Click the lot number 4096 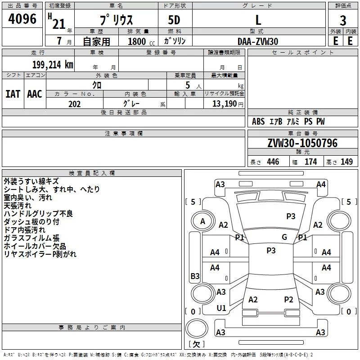coord(23,19)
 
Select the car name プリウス coord(116,21)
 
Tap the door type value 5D coord(174,21)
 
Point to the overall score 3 coord(343,21)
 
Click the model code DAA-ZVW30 coord(258,41)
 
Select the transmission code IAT coord(13,94)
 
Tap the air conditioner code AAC coord(35,94)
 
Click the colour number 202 coord(74,104)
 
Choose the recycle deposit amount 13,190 coord(225,104)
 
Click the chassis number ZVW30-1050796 coord(302,143)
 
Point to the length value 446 coord(273,162)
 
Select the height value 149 coord(346,162)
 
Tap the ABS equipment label coord(258,122)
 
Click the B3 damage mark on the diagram coord(195,276)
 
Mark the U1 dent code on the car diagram coord(221,308)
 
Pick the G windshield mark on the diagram coord(284,237)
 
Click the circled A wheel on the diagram coord(202,221)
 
